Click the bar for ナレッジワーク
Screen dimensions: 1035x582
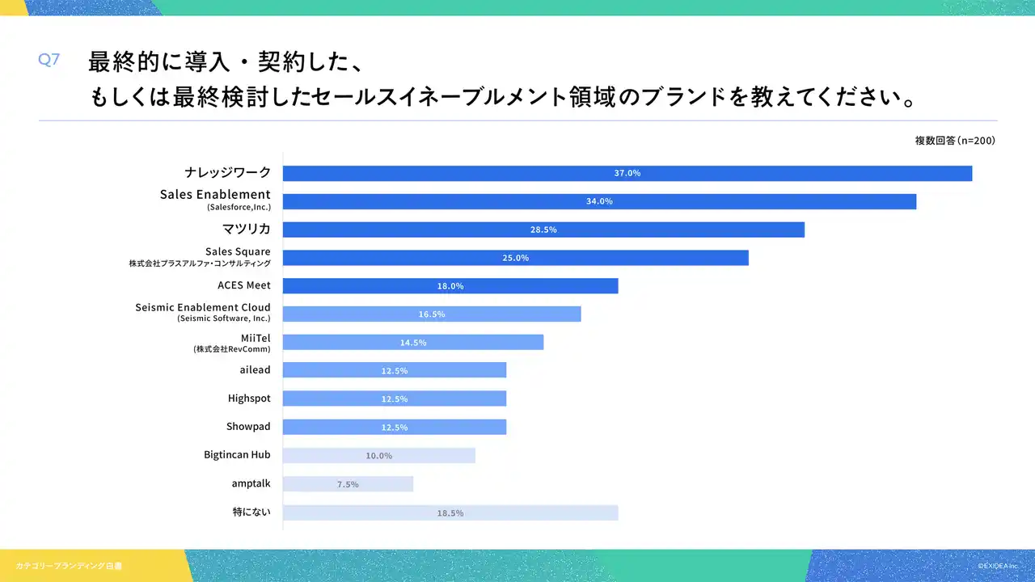(x=627, y=173)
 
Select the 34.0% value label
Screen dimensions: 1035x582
(x=599, y=201)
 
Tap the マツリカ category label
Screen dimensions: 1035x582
(x=247, y=229)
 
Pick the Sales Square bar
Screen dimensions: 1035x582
(x=516, y=258)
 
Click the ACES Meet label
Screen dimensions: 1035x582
(x=244, y=285)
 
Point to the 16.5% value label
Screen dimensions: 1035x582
(x=432, y=314)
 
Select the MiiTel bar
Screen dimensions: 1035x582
(x=413, y=342)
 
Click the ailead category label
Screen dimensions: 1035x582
(x=255, y=369)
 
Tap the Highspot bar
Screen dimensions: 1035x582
(x=395, y=399)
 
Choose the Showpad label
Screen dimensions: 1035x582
(x=248, y=426)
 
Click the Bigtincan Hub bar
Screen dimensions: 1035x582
(x=379, y=455)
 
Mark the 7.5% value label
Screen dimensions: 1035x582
(x=348, y=484)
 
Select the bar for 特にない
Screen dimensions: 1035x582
(x=450, y=512)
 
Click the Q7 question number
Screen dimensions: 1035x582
(x=49, y=60)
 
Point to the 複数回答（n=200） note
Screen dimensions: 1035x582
(x=955, y=141)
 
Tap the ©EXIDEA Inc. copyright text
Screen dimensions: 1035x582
(x=998, y=566)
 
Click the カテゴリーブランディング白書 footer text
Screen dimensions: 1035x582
(x=69, y=566)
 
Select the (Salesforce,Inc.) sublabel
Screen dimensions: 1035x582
(x=239, y=207)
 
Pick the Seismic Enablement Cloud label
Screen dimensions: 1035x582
(x=203, y=307)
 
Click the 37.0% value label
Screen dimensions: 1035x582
(x=627, y=173)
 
